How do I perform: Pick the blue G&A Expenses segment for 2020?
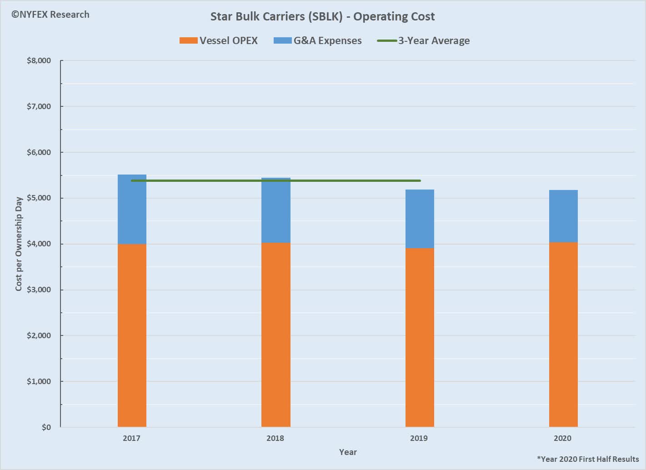click(x=563, y=216)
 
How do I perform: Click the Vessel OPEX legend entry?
click(x=219, y=40)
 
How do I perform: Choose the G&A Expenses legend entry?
click(x=318, y=40)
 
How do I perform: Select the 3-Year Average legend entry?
click(x=424, y=40)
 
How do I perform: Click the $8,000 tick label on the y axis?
click(x=39, y=61)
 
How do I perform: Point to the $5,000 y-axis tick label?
click(x=39, y=198)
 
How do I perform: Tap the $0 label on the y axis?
click(x=46, y=427)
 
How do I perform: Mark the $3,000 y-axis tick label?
click(x=39, y=290)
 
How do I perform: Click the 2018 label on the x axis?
click(x=275, y=439)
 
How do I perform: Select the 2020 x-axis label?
click(x=562, y=439)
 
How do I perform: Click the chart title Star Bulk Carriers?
click(x=322, y=17)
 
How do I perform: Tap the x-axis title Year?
click(x=348, y=452)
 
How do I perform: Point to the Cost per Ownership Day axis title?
click(x=19, y=244)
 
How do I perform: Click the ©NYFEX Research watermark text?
click(x=50, y=15)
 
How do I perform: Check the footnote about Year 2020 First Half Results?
click(x=588, y=459)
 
